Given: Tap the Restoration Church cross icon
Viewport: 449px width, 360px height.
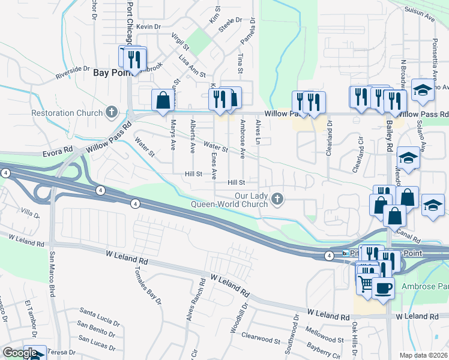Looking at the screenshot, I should click(x=111, y=112).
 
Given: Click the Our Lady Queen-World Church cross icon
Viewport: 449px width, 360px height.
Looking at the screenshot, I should click(x=277, y=199).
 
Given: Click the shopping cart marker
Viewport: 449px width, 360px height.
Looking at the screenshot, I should click(x=365, y=282).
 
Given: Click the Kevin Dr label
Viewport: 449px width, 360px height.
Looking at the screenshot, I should click(x=149, y=27).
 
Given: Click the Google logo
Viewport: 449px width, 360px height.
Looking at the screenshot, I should click(x=20, y=353).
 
